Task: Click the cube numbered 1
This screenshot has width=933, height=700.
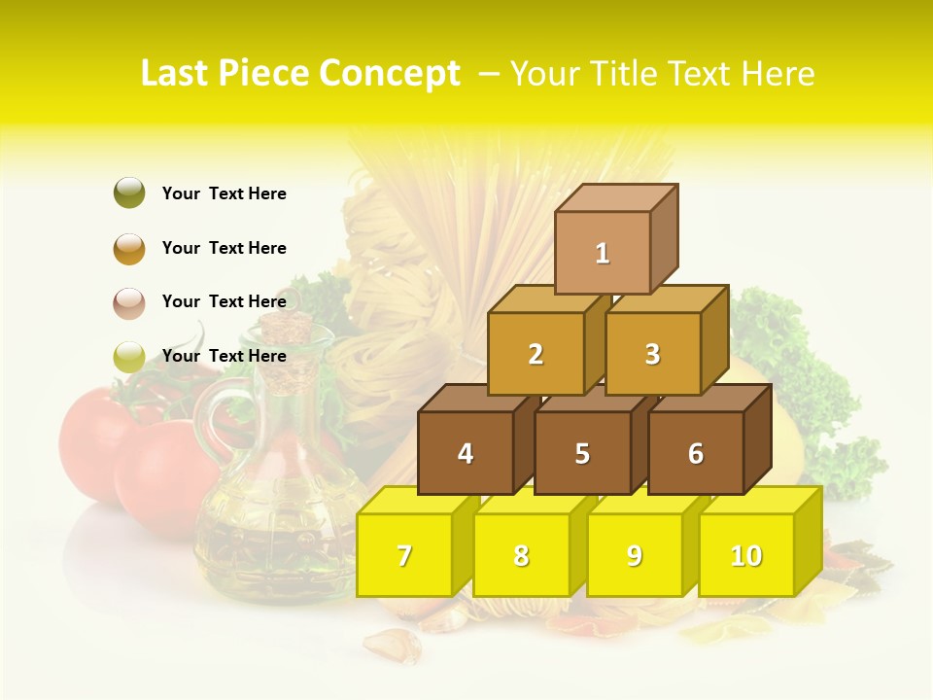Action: click(x=603, y=253)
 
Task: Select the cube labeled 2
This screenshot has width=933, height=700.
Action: click(x=536, y=354)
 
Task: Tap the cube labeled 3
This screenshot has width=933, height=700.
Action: click(x=652, y=354)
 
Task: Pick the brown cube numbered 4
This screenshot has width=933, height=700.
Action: click(x=466, y=453)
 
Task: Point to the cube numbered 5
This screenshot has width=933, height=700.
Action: click(x=582, y=453)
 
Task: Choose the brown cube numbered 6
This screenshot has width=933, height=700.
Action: click(x=696, y=453)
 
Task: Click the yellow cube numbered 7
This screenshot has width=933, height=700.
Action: click(x=404, y=555)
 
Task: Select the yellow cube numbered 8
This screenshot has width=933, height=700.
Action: click(x=521, y=555)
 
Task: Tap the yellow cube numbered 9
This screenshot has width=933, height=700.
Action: click(x=634, y=555)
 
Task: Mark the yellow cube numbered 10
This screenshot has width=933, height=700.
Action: click(x=746, y=555)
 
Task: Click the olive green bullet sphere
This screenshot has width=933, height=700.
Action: click(x=129, y=193)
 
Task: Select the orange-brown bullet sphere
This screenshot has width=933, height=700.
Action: click(x=129, y=248)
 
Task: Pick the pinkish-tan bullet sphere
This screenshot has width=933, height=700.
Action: click(x=129, y=302)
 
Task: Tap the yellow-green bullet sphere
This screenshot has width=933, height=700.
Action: click(x=129, y=357)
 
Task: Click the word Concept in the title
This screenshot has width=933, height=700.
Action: click(x=391, y=74)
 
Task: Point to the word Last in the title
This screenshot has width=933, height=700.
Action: click(x=178, y=74)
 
